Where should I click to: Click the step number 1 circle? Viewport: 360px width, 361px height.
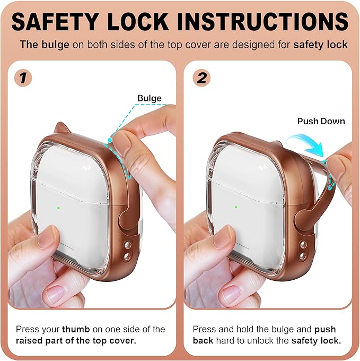(x=23, y=78)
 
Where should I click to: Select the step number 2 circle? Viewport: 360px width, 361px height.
(x=201, y=78)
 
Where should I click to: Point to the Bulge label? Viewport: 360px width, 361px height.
(x=150, y=98)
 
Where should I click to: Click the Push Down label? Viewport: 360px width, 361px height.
(x=321, y=121)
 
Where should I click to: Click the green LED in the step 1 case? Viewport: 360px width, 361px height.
(x=58, y=208)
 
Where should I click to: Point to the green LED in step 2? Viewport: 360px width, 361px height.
(x=236, y=207)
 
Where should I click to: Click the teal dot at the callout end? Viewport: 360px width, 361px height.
(x=110, y=140)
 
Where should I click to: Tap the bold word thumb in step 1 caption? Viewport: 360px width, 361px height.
(x=76, y=329)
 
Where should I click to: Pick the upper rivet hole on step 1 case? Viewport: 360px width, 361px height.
(x=127, y=245)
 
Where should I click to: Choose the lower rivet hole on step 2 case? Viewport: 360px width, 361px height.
(x=303, y=256)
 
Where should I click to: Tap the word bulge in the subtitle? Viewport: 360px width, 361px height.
(x=55, y=45)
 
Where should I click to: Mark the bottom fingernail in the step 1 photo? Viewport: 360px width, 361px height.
(x=55, y=295)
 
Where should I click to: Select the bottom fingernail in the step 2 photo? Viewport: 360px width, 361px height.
(x=231, y=295)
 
